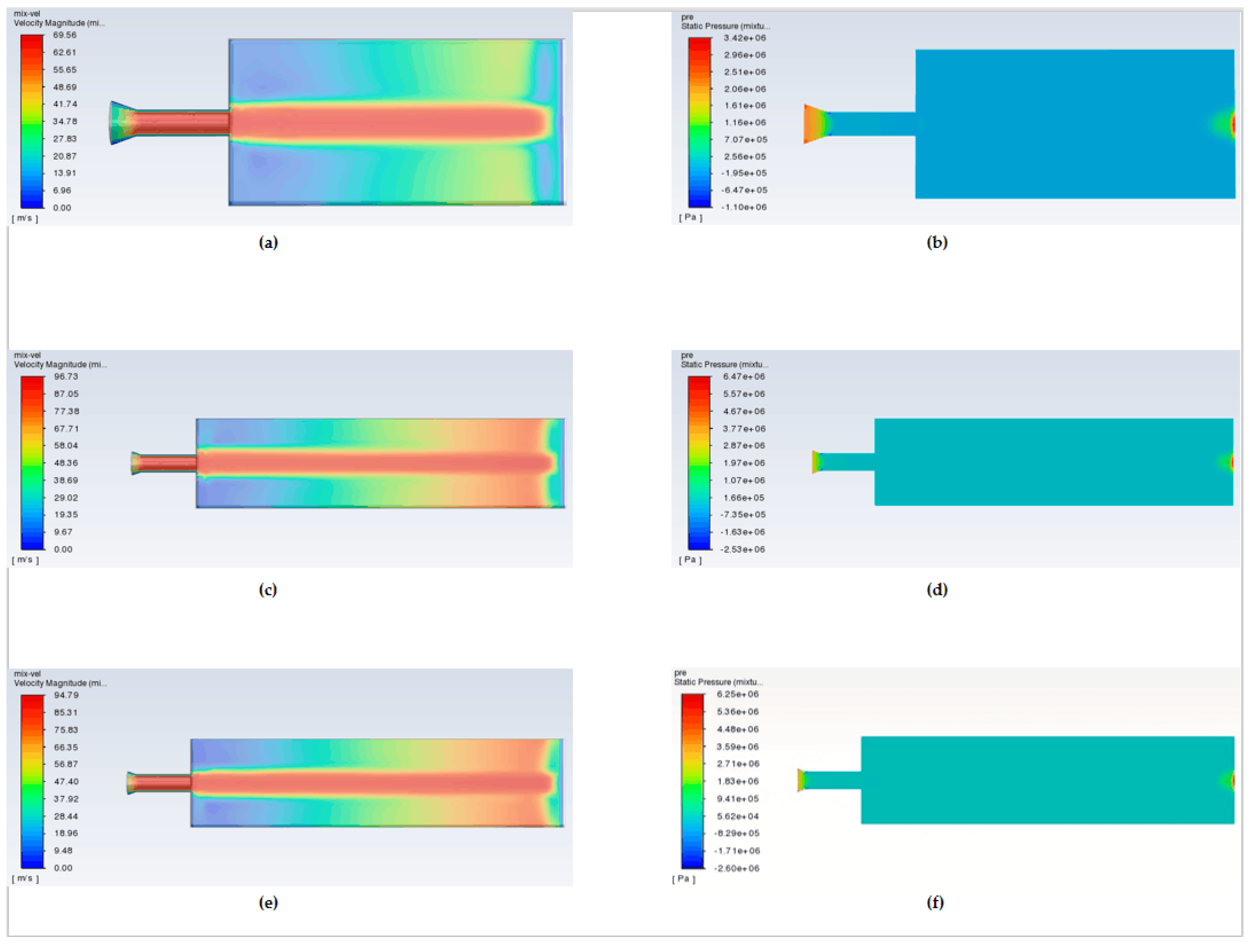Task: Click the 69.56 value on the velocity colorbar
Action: pyautogui.click(x=65, y=35)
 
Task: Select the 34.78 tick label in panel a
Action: pyautogui.click(x=65, y=121)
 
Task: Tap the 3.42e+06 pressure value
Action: pyautogui.click(x=745, y=38)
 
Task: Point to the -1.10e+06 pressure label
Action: pyautogui.click(x=744, y=207)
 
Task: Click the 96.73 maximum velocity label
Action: pyautogui.click(x=66, y=377)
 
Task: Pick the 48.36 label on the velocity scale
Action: pyautogui.click(x=66, y=463)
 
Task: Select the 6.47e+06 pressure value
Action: pyautogui.click(x=744, y=377)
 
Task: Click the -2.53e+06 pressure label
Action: pyautogui.click(x=742, y=549)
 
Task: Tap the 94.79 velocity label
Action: pyautogui.click(x=66, y=695)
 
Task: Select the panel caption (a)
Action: pyautogui.click(x=268, y=243)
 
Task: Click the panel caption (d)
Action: pyautogui.click(x=937, y=590)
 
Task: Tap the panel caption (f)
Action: pyautogui.click(x=935, y=902)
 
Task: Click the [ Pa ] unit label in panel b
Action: pyautogui.click(x=690, y=217)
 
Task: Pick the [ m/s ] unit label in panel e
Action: pyautogui.click(x=25, y=878)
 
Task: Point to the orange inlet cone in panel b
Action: pyautogui.click(x=817, y=124)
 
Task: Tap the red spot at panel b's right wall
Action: pyautogui.click(x=1233, y=125)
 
